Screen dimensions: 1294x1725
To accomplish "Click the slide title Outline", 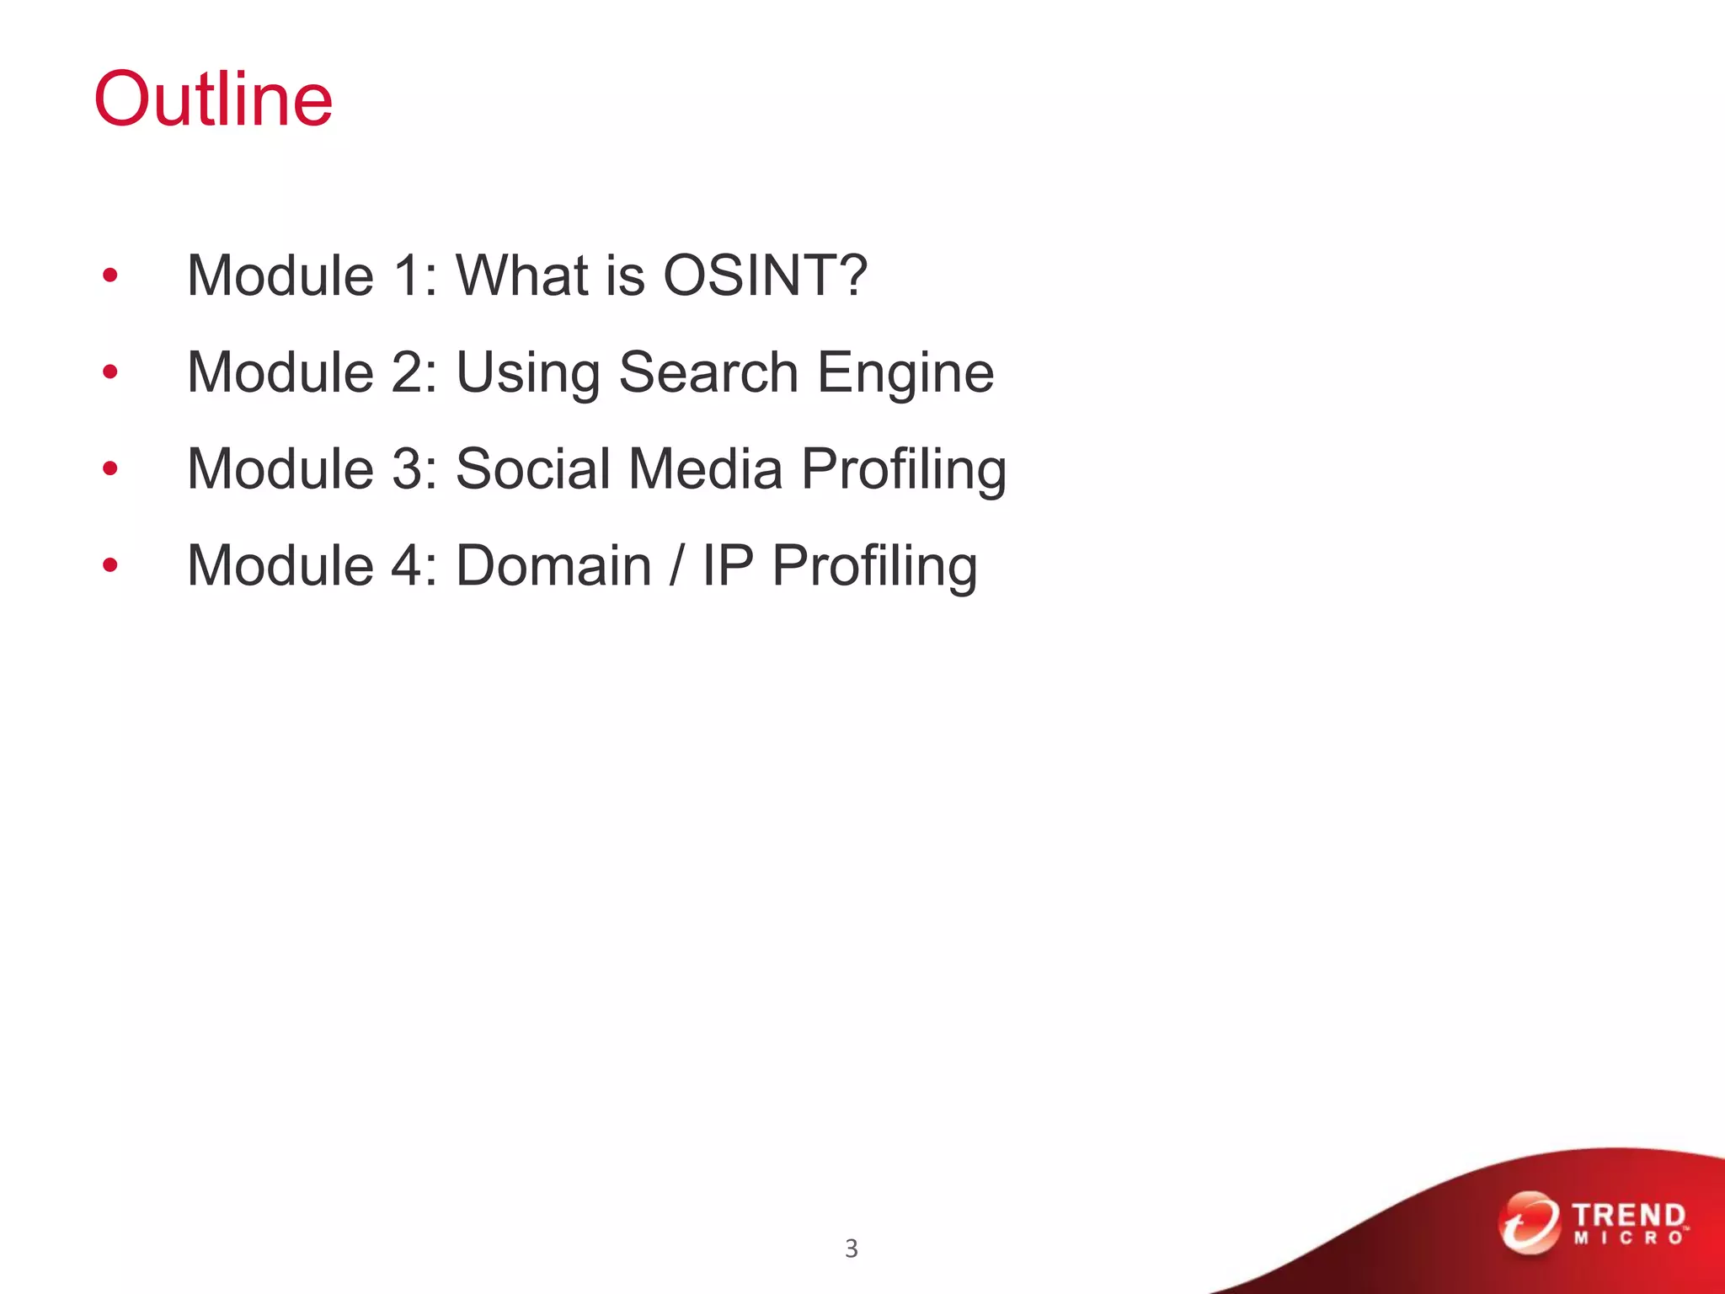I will pos(213,99).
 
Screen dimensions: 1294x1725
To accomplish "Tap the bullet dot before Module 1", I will pos(109,275).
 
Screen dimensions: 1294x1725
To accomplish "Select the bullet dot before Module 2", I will pos(109,372).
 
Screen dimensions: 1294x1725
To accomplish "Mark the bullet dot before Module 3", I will pos(109,468).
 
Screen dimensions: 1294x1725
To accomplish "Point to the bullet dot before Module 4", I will pos(109,564).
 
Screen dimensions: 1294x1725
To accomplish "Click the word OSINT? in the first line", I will pos(765,275).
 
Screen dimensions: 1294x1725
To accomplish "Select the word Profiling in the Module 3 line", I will pos(904,470).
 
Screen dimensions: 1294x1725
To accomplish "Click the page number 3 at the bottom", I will pos(852,1249).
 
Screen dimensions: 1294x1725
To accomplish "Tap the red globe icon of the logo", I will pos(1529,1222).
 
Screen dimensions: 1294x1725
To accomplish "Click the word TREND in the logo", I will pos(1628,1216).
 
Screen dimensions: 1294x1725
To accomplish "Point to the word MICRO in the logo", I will pos(1628,1238).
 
